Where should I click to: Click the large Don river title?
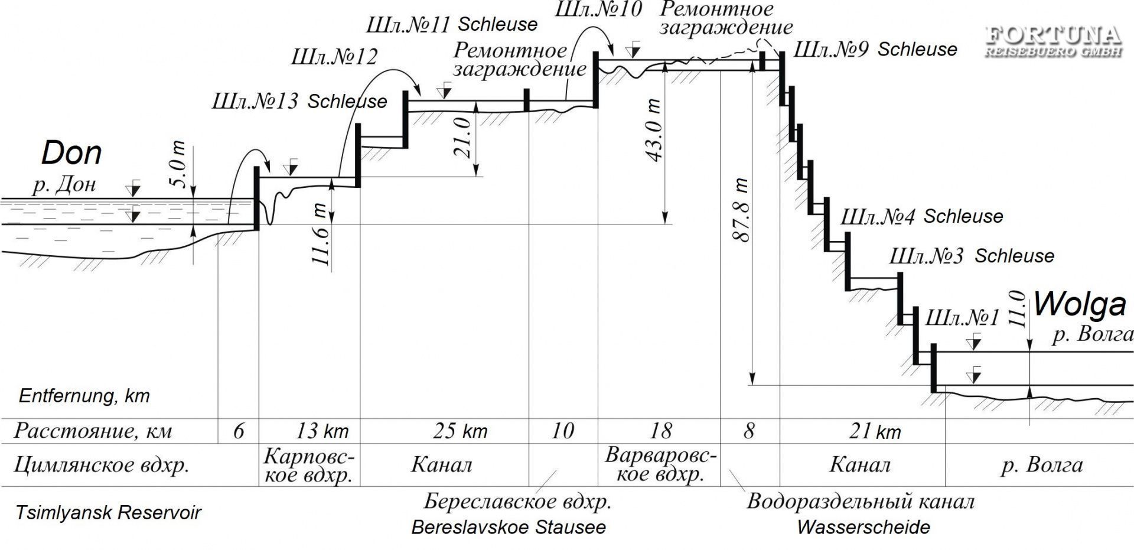(71, 154)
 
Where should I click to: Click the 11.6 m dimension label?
(320, 235)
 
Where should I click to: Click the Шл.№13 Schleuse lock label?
(299, 102)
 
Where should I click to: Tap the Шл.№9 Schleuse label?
(875, 50)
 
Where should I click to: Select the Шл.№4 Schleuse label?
(921, 217)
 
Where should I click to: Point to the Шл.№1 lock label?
(962, 318)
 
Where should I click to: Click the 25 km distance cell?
(460, 431)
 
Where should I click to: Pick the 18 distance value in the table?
(660, 431)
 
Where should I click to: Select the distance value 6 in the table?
(238, 431)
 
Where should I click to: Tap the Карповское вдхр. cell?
(309, 465)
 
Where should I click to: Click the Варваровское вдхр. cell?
(660, 465)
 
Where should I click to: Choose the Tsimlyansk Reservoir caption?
(109, 512)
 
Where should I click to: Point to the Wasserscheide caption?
(863, 526)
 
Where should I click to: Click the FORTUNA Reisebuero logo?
(1054, 42)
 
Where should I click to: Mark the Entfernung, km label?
(84, 395)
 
